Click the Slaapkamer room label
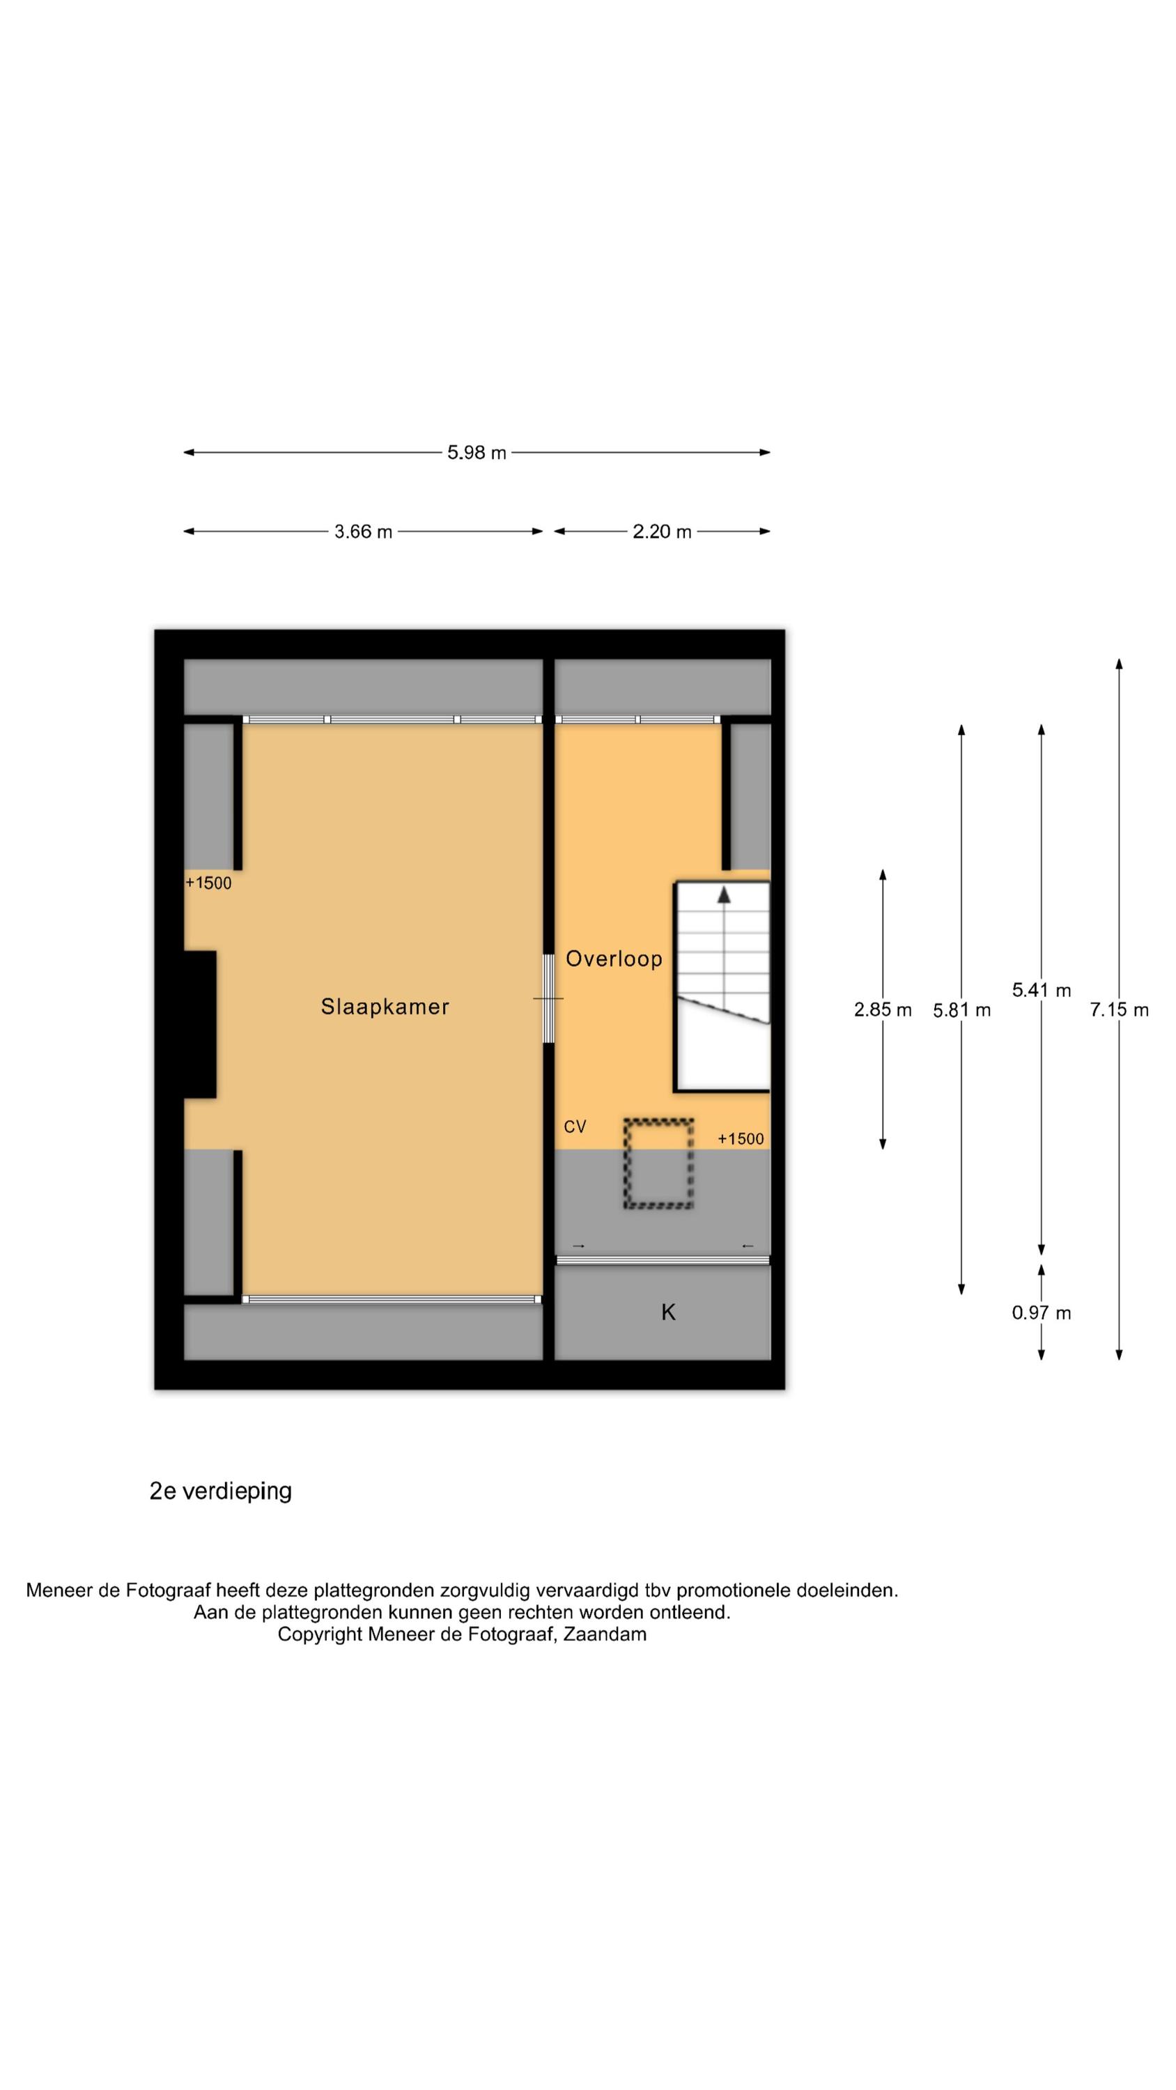click(x=385, y=1007)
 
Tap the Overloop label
click(x=614, y=959)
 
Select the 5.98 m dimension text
click(x=477, y=453)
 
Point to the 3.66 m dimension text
click(x=363, y=532)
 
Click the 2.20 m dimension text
click(x=661, y=532)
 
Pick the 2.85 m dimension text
click(x=882, y=1009)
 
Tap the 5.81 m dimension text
click(x=961, y=1010)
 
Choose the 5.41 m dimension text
click(x=1042, y=990)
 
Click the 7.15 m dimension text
click(x=1119, y=1009)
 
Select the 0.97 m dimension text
click(x=1042, y=1313)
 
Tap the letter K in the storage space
click(x=668, y=1312)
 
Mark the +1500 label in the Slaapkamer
click(x=208, y=883)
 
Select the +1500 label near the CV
click(x=740, y=1138)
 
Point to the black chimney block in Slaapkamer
click(x=200, y=1024)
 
